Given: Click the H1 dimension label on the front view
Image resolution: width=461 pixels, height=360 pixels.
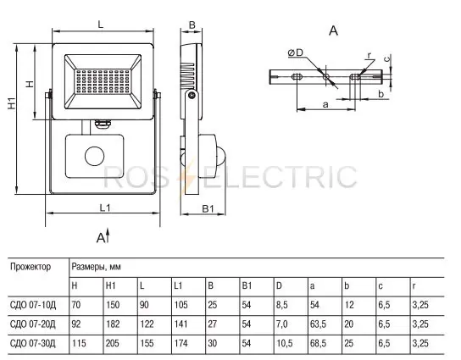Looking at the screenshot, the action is [x=12, y=103].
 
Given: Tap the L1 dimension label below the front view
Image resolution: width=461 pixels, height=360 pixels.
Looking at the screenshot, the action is [x=105, y=208].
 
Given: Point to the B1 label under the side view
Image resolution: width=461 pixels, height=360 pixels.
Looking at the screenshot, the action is [x=208, y=208].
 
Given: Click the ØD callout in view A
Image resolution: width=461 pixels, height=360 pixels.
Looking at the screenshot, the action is [x=296, y=53].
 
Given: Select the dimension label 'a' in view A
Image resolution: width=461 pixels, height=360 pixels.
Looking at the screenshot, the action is [x=325, y=104].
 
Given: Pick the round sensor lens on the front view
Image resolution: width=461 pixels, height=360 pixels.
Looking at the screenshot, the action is [x=94, y=156].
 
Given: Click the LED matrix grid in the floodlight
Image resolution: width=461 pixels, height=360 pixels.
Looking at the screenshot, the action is [x=103, y=81].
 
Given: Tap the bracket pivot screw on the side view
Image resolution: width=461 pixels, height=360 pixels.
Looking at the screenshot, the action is [x=192, y=95].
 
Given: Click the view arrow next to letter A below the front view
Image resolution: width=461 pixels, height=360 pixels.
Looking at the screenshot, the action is [x=108, y=235].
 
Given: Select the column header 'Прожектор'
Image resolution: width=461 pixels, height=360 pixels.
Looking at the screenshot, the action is [x=31, y=267].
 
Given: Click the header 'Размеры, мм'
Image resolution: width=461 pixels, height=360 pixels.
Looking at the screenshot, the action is [x=96, y=267].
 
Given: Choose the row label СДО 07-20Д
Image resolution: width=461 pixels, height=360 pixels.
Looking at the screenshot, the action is [x=33, y=324].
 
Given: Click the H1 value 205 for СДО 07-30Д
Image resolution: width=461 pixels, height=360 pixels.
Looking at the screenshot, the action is [x=113, y=343].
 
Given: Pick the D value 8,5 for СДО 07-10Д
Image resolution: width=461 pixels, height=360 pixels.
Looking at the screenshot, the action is [x=281, y=305].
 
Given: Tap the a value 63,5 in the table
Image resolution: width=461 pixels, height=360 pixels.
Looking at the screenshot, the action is [x=318, y=324].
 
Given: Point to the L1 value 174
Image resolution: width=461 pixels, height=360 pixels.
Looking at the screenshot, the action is [x=181, y=343].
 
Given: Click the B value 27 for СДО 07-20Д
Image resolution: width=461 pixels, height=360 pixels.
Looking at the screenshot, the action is [x=212, y=324].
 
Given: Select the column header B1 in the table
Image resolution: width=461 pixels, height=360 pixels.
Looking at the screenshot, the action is [x=247, y=285].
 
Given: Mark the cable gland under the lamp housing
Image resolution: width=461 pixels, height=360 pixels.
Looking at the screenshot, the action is [x=103, y=124].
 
